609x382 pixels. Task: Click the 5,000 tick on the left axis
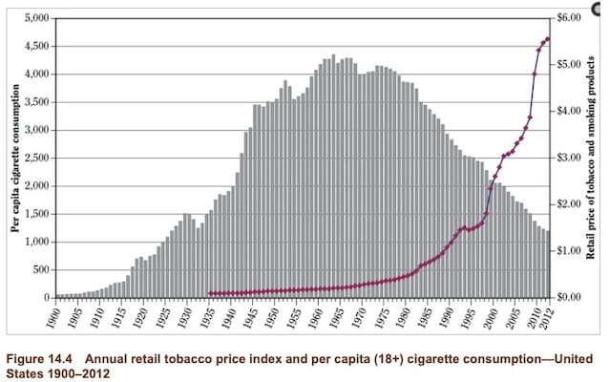coord(36,18)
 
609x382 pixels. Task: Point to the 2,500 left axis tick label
coord(36,158)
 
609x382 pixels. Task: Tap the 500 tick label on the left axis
coord(41,269)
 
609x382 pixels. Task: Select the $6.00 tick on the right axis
coord(571,18)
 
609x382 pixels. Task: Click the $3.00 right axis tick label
coord(571,158)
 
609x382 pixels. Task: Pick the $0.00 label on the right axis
coord(571,297)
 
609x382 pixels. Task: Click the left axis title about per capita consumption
coord(14,158)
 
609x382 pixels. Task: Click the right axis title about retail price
coord(594,158)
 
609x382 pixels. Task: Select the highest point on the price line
coord(548,39)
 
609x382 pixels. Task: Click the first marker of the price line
coord(211,293)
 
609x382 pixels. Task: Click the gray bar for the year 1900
coord(57,295)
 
